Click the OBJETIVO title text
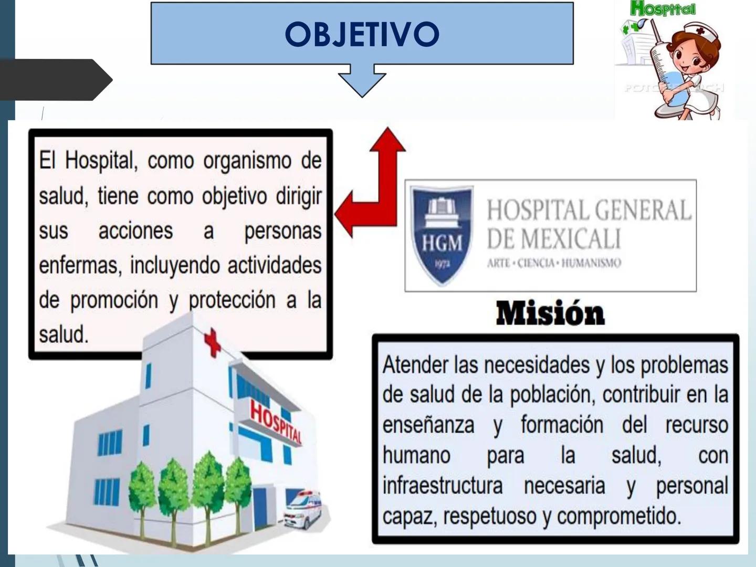click(x=362, y=34)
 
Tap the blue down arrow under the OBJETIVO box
click(x=362, y=80)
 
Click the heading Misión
click(x=550, y=313)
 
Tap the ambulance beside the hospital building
click(x=304, y=508)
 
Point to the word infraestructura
click(x=442, y=486)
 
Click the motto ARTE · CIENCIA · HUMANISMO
click(x=554, y=262)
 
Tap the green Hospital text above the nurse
click(x=663, y=8)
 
